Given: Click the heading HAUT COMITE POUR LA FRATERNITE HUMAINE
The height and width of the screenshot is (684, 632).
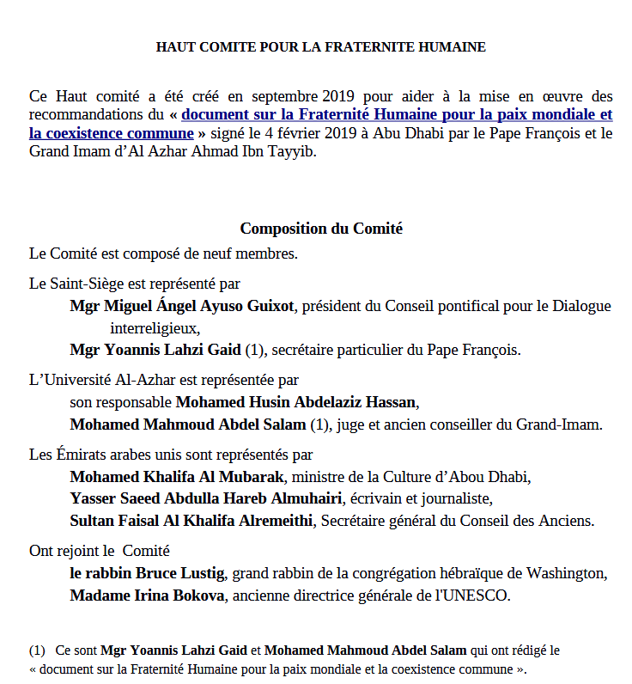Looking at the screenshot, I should click(x=320, y=47).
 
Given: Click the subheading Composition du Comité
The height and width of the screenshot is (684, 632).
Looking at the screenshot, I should click(x=321, y=229).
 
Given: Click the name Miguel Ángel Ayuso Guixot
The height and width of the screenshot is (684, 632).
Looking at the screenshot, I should click(x=199, y=305).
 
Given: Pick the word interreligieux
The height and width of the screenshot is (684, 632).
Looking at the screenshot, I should click(x=154, y=327).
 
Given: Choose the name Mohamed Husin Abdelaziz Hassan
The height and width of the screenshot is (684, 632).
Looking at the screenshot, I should click(x=296, y=402).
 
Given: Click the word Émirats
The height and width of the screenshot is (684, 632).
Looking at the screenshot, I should click(x=81, y=455).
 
